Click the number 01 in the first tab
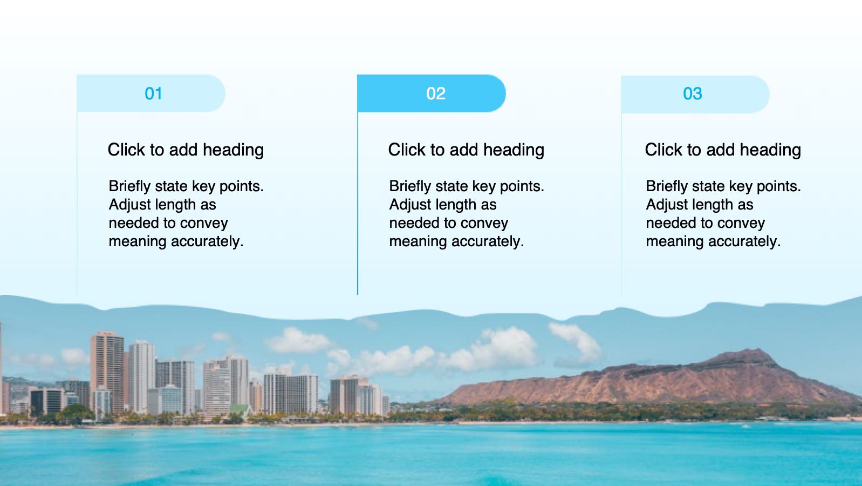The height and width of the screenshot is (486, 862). coord(153,93)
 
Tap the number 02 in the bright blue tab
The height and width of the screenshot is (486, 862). coord(436,93)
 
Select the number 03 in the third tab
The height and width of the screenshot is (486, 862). coord(692,93)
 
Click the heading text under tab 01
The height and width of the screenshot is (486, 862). coord(186,150)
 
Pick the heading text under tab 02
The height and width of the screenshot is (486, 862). coord(466,150)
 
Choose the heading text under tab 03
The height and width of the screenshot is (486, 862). coord(723,150)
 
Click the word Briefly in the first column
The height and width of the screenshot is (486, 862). coord(129,186)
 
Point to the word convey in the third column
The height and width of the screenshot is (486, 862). coord(741,224)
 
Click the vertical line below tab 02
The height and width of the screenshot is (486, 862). coord(358,204)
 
